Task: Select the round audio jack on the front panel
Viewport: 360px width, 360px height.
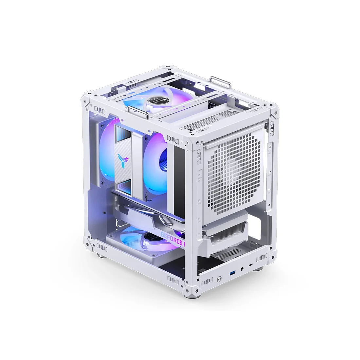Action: pos(242,270)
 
